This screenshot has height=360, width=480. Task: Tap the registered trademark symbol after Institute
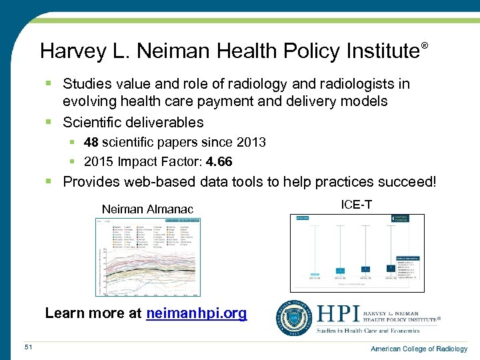tap(424, 45)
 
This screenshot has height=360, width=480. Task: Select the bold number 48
tap(91, 142)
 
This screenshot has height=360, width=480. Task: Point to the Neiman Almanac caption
tap(147, 209)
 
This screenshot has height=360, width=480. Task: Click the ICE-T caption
tap(356, 205)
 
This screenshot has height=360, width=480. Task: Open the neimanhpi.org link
tap(196, 313)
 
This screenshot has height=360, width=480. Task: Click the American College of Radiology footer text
tap(419, 349)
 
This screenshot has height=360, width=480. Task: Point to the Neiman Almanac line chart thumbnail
tap(148, 256)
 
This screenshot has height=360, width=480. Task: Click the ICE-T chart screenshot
tap(357, 253)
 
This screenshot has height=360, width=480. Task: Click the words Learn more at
tap(93, 313)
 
